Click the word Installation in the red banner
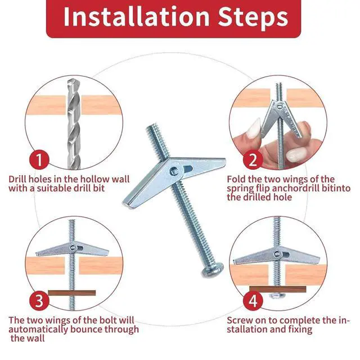(136, 16)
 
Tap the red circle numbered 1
(39, 160)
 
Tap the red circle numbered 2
(253, 160)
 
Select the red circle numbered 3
(39, 300)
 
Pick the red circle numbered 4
(253, 300)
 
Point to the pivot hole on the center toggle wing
(174, 171)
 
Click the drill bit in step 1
(74, 124)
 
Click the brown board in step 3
(72, 293)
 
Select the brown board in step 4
(278, 289)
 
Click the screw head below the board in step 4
(277, 295)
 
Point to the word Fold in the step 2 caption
(237, 179)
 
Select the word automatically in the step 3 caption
(38, 330)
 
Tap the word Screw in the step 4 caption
(240, 320)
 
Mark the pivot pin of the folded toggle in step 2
(280, 106)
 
